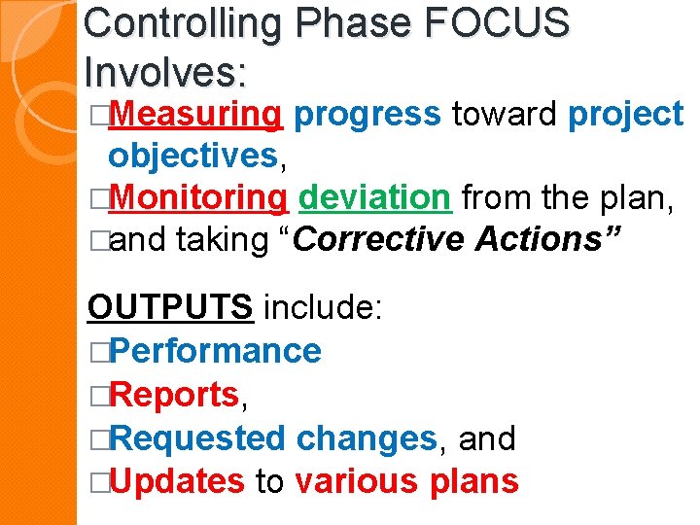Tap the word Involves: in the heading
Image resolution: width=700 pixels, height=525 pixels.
click(x=165, y=71)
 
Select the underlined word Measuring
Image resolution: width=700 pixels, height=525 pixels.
click(x=197, y=115)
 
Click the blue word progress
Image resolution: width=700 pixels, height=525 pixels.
click(x=367, y=115)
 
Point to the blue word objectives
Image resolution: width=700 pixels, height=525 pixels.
click(x=193, y=156)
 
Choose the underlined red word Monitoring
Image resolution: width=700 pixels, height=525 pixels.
click(x=199, y=197)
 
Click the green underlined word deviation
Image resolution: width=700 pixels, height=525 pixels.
click(x=375, y=197)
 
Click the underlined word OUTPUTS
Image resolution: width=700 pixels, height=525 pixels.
click(x=171, y=308)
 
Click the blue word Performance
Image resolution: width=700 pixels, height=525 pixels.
click(x=216, y=351)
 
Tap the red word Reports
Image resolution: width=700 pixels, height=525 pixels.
click(x=176, y=395)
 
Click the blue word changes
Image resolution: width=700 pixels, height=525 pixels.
click(x=367, y=438)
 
